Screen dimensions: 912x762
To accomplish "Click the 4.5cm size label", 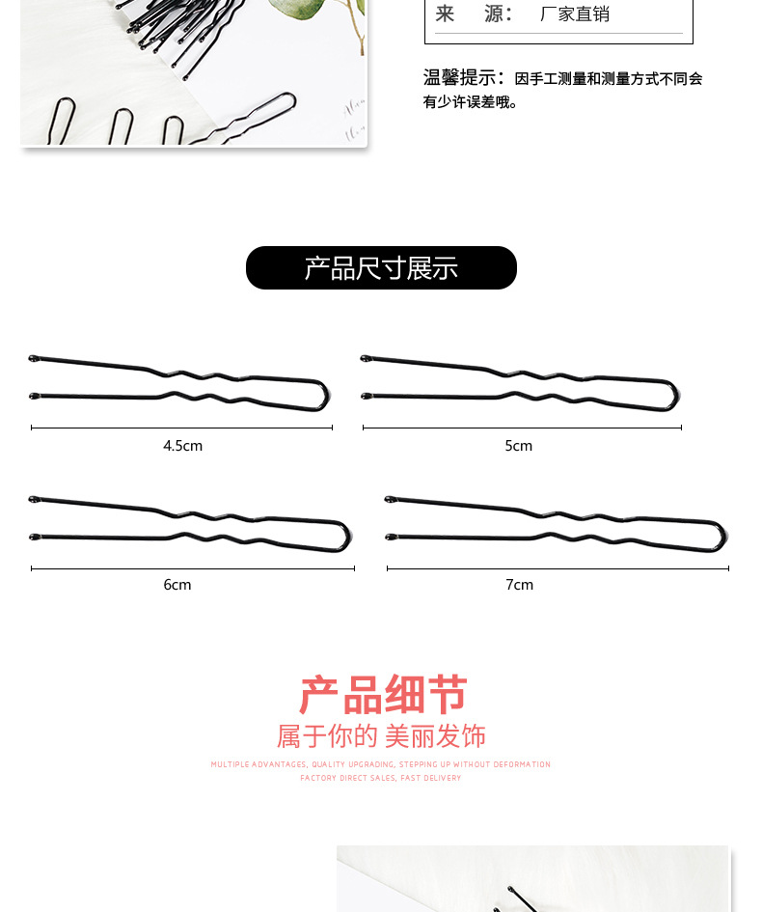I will pos(182,446).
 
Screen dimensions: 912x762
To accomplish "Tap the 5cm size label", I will pos(518,446).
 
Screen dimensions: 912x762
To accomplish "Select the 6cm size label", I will pos(177,585).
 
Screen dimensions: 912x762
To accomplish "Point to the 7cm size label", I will pos(519,585).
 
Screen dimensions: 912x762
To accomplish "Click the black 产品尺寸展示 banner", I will pos(381,268).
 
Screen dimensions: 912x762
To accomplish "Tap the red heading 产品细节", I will pos(383,695).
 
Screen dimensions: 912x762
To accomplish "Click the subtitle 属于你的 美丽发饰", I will pos(381,736).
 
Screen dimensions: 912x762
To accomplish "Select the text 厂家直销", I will pos(575,14).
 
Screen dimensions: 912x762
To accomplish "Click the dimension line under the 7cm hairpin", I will pos(558,568).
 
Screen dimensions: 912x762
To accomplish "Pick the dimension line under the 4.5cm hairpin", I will pos(181,427).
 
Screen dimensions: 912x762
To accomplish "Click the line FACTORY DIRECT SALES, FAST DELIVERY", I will pos(381,778).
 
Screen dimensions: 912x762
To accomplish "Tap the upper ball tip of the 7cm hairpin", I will pos(390,500).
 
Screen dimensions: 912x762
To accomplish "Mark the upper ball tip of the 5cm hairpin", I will pos(366,359).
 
